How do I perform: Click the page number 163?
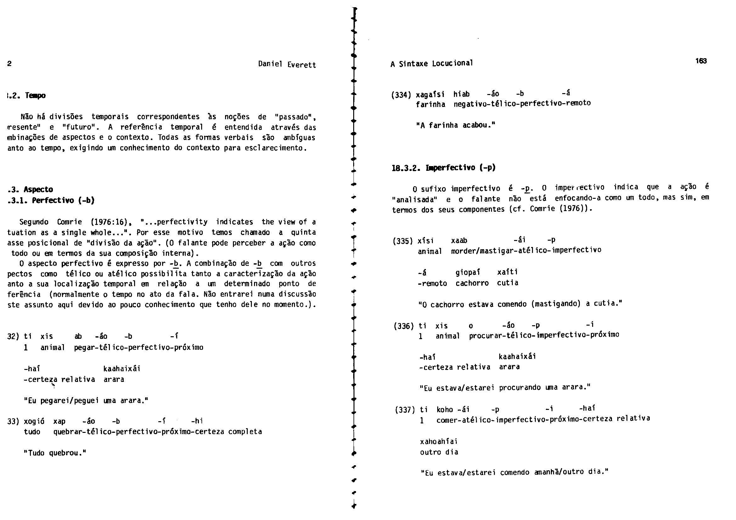point(701,61)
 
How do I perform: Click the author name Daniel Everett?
point(287,64)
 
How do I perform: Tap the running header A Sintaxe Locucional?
point(432,64)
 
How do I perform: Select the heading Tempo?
point(35,96)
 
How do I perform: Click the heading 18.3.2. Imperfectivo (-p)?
point(444,168)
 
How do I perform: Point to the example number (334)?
point(401,95)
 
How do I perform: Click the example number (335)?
point(403,241)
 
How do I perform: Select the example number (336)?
point(404,326)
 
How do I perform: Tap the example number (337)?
point(405,410)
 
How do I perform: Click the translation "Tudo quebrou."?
point(55,453)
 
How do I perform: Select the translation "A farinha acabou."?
point(456,125)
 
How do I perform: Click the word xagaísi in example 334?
point(430,94)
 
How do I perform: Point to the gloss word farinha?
point(431,104)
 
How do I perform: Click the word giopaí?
point(468,273)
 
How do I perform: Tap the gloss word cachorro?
point(472,283)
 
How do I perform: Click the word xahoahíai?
point(439,441)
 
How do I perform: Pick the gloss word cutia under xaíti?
point(507,283)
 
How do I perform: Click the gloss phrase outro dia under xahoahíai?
point(439,452)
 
